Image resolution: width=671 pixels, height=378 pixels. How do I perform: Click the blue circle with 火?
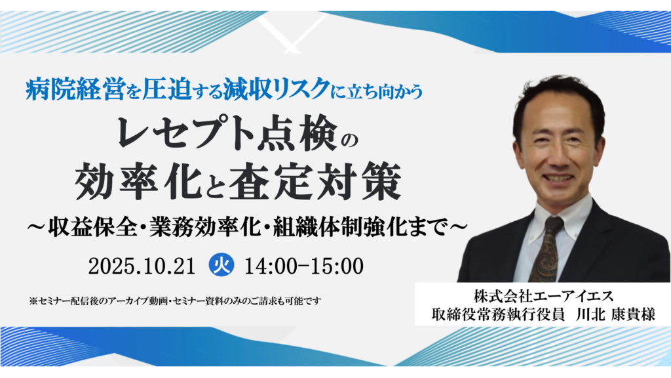tap(221, 266)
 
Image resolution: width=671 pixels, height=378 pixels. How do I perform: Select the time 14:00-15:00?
tap(303, 266)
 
